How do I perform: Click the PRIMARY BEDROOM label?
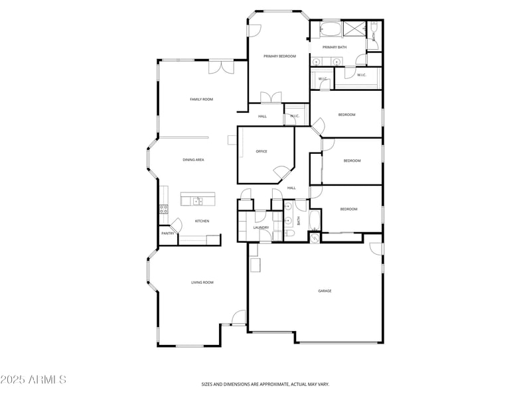279,56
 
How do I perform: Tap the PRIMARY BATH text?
335,47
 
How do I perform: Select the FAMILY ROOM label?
201,99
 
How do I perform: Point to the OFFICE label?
262,151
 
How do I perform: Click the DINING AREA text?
193,160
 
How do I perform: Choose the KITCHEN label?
202,221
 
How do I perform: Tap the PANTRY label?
168,233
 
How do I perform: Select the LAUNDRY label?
261,228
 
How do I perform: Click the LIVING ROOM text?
202,283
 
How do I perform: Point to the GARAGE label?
325,291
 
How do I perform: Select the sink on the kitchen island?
198,200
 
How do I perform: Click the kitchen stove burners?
163,209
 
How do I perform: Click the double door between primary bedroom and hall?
271,98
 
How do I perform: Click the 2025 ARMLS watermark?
33,380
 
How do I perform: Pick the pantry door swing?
176,224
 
